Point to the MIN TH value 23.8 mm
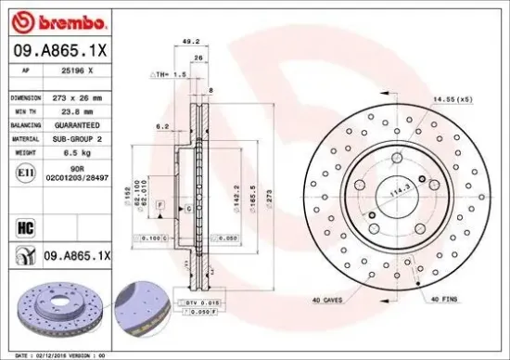coord(78,111)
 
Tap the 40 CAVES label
coord(330,299)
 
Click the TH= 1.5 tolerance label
coord(169,72)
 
